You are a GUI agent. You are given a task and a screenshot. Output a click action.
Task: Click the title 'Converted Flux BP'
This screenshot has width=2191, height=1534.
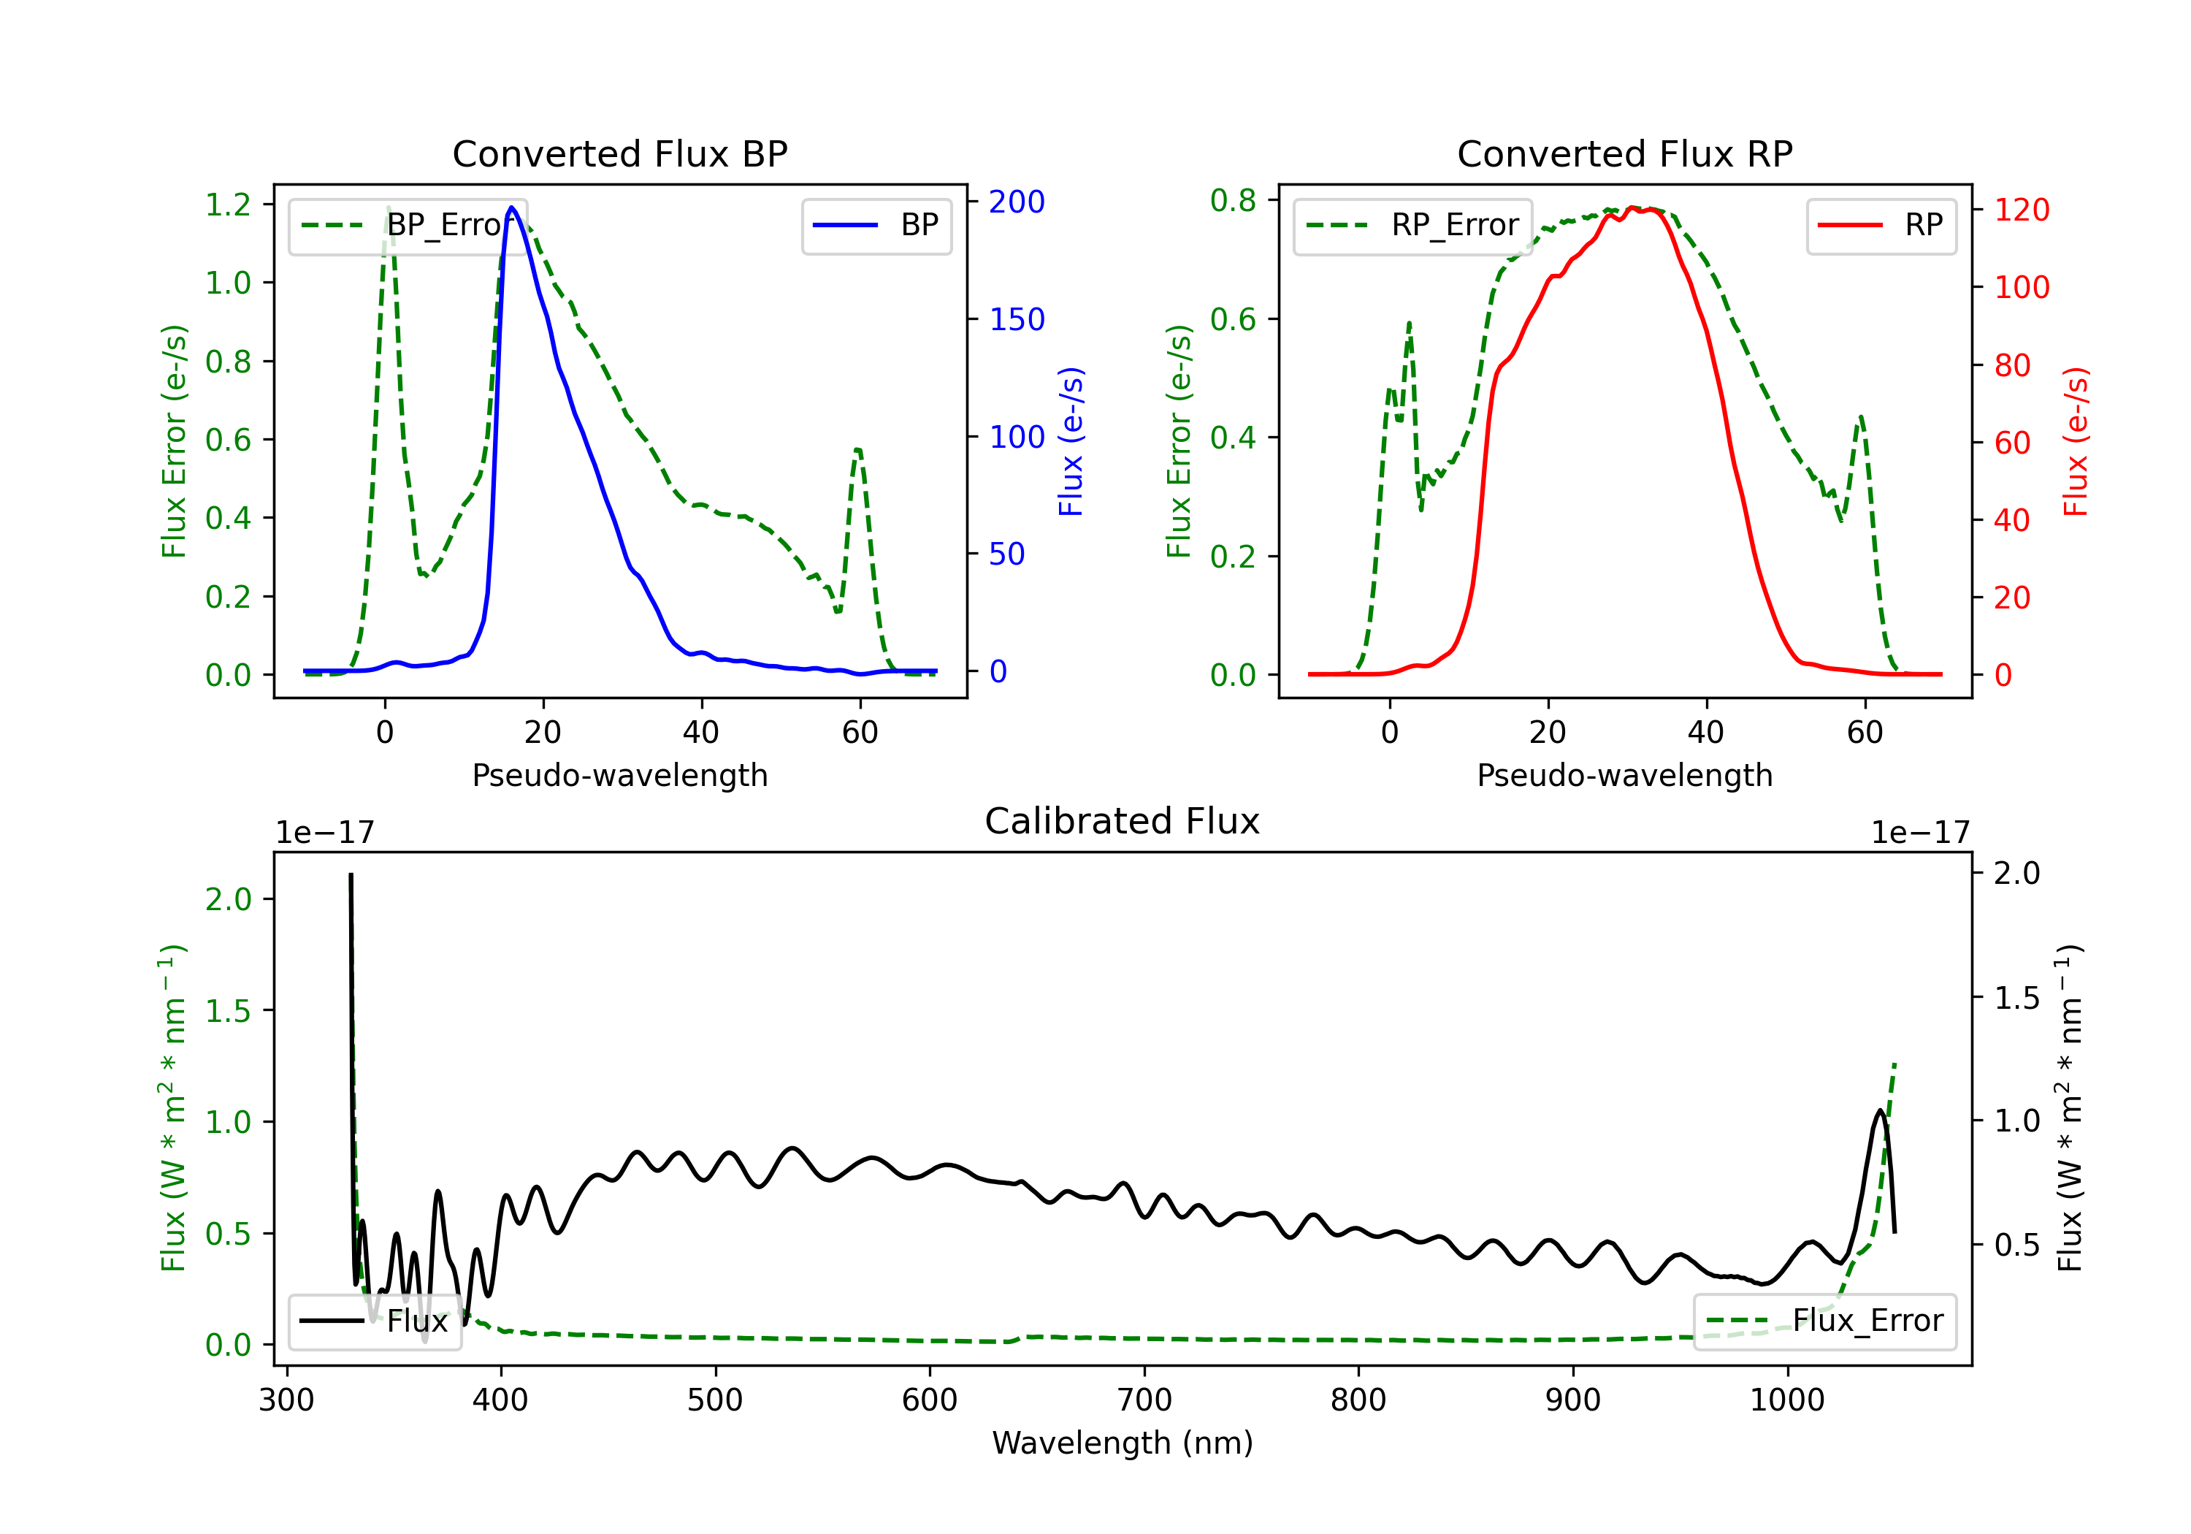pos(619,153)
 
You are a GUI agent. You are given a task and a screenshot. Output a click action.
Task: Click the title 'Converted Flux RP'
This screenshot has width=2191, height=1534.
pos(1624,153)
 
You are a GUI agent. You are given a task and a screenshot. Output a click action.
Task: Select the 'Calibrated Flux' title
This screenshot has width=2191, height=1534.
pos(1123,821)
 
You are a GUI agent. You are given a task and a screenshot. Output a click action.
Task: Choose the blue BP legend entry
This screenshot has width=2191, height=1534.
pos(876,225)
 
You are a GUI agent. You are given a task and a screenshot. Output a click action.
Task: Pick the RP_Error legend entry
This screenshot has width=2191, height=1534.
pos(1412,225)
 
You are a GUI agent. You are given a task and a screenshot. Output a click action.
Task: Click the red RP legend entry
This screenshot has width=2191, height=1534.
pos(1880,225)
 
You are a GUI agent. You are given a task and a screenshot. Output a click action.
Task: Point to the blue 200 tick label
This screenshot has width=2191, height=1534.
pos(1017,202)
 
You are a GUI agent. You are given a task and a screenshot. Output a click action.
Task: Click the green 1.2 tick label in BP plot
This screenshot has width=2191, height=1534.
pos(228,205)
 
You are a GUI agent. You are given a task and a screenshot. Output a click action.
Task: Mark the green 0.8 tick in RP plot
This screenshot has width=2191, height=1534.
pos(1233,200)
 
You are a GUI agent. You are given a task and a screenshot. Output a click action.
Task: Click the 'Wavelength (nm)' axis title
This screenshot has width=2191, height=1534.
pos(1123,1443)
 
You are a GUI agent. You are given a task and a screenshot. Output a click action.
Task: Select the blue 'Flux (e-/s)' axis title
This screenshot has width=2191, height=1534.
pos(1071,441)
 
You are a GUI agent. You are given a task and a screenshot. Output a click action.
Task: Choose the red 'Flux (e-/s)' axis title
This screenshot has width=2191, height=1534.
pos(2076,441)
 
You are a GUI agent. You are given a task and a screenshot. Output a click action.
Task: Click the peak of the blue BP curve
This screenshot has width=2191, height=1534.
pos(511,207)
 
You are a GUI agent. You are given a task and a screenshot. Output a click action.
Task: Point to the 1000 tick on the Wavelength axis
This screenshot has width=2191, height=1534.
pos(1786,1400)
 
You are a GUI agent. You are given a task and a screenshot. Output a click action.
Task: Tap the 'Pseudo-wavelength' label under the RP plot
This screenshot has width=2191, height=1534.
pos(1624,775)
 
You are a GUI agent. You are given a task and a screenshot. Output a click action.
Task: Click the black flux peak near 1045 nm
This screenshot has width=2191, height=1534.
pos(1880,1110)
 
